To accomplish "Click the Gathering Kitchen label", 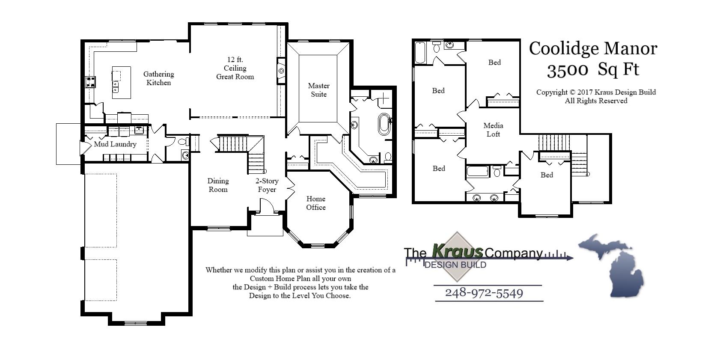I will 158,78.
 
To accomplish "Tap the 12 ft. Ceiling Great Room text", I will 235,68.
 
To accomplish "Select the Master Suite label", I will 318,90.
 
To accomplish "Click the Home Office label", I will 316,203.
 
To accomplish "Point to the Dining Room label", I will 218,185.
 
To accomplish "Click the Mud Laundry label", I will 115,144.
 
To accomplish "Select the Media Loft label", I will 493,130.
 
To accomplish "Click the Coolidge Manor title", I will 593,48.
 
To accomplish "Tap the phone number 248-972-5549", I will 484,293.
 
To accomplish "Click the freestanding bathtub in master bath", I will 384,124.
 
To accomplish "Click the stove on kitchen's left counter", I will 91,82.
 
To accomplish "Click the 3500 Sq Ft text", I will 593,69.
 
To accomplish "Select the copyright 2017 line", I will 596,92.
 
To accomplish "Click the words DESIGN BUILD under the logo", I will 455,265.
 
